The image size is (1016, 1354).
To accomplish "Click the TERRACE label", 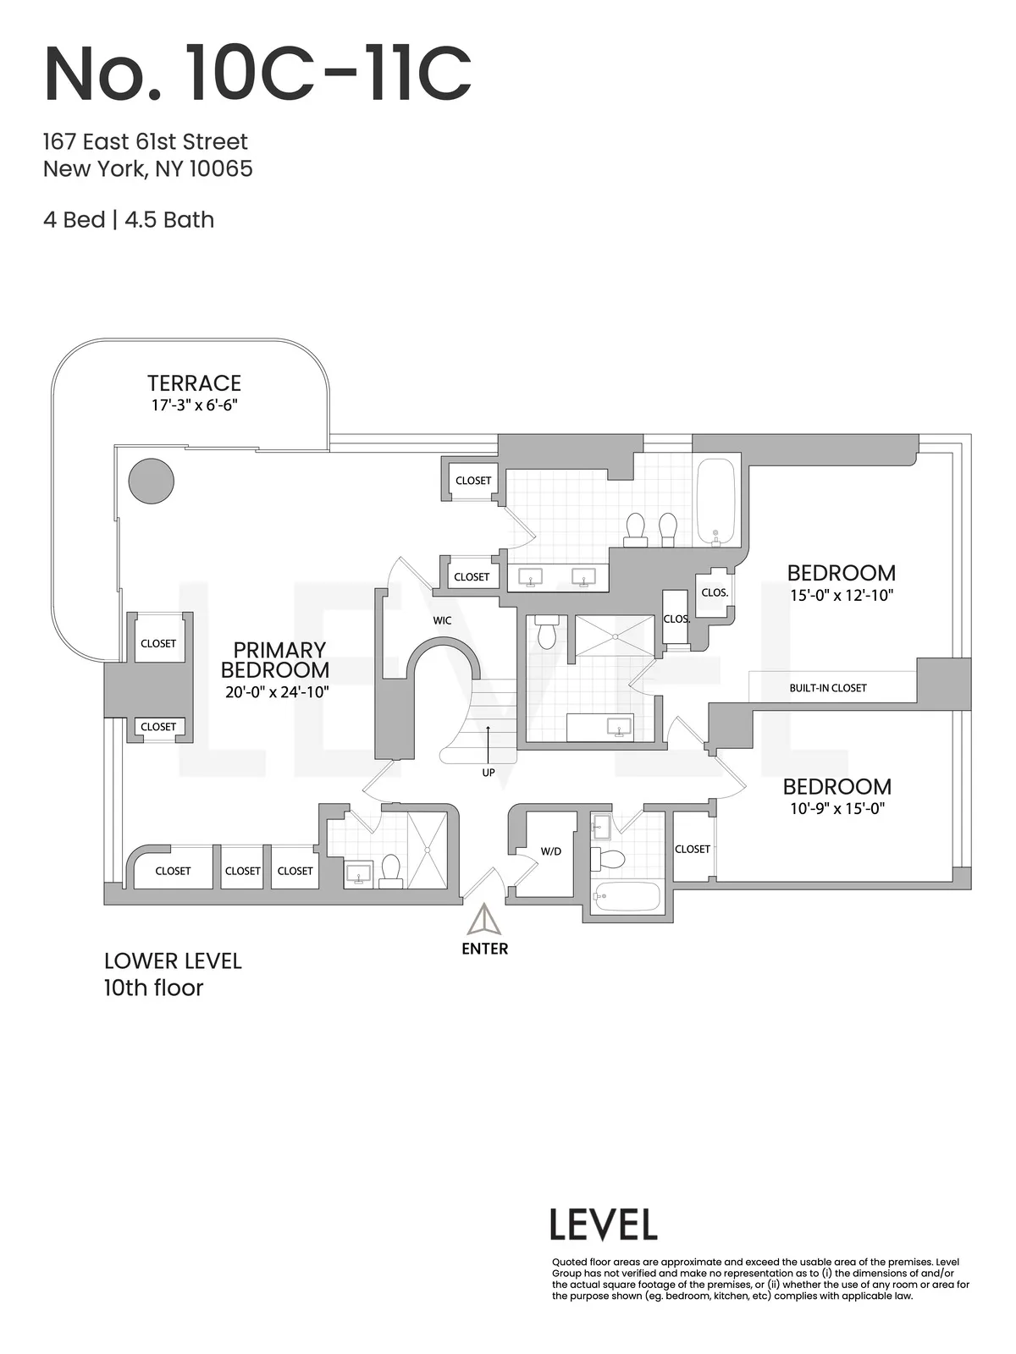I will pos(194,383).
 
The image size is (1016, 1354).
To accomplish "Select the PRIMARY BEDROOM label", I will pos(275,660).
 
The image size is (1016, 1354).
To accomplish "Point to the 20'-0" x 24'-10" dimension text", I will pos(277,692).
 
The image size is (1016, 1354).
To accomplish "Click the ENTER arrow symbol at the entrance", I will pos(485,919).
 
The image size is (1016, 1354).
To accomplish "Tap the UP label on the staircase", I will pos(489,773).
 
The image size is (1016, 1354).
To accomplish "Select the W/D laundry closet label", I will pos(551,851).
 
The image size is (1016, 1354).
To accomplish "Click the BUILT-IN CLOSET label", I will pos(827,688).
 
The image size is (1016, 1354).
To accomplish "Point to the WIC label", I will pos(442,620).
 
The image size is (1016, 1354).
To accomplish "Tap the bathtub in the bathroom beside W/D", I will pos(627,896).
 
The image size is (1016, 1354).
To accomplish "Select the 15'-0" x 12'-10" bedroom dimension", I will pos(842,595).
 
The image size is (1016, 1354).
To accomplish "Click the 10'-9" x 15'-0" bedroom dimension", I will pos(837,808).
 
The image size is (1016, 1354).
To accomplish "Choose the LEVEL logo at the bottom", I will pos(603,1225).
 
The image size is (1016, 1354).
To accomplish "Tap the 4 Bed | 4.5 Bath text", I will pos(129,220).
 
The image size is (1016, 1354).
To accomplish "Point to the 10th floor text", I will pos(153,988).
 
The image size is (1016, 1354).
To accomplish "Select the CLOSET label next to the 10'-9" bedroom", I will pos(693,849).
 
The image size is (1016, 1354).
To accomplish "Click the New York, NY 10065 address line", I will pos(148,168).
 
